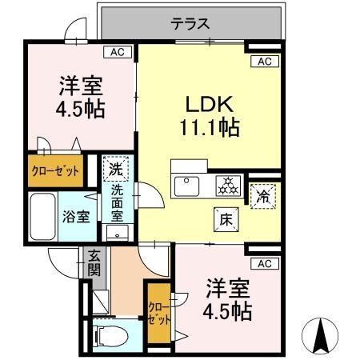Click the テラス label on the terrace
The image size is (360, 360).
tap(190, 24)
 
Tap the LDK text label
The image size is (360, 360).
tap(209, 105)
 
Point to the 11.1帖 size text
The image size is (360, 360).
tap(209, 126)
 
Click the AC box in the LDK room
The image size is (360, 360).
tap(265, 62)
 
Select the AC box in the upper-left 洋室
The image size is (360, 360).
tap(117, 52)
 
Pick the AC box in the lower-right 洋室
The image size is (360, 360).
tap(264, 263)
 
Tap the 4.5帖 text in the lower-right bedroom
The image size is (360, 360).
tap(230, 310)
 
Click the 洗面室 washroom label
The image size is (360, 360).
tap(117, 204)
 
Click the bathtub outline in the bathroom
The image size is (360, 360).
tap(42, 216)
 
